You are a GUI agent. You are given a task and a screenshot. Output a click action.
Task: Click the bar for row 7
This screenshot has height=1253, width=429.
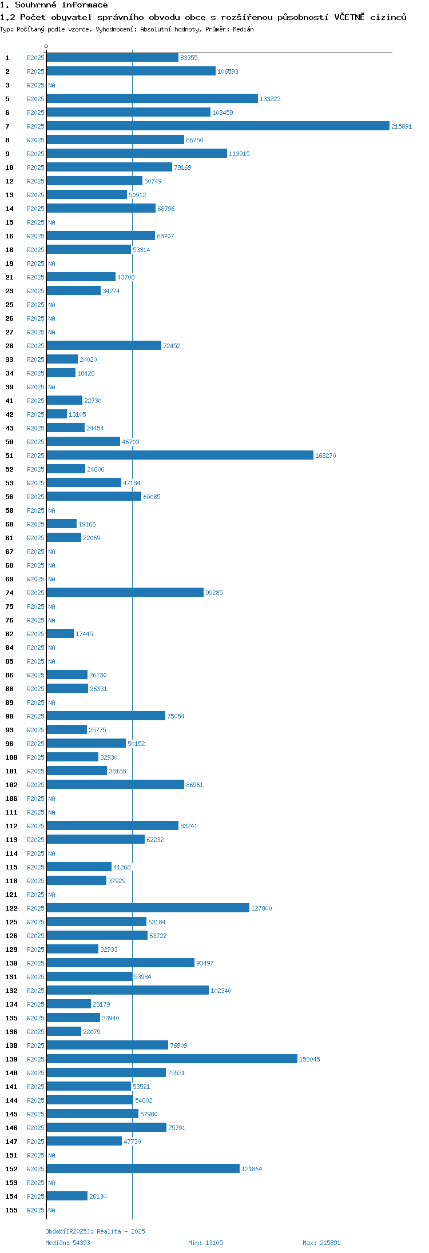217,126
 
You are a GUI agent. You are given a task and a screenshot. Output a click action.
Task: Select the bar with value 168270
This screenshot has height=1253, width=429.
180,456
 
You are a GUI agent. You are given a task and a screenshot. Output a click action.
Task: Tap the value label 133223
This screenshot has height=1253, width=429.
270,99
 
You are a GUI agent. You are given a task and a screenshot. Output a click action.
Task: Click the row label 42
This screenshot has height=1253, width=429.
9,414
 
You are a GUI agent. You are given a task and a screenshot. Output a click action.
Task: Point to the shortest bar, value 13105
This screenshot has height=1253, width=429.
57,414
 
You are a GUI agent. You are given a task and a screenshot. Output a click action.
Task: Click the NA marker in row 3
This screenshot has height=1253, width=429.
51,85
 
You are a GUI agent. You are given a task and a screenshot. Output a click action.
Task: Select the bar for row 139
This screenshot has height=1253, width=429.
172,1059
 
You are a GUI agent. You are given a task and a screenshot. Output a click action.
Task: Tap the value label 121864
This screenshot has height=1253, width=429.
252,1169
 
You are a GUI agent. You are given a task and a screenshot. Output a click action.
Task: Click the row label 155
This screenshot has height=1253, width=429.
11,1210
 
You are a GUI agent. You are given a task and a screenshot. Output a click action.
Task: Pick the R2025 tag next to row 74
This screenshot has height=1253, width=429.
35,593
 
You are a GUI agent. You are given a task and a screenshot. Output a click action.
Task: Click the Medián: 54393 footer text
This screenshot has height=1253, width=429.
67,1243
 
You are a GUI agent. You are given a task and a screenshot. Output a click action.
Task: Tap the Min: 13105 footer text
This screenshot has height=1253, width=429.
205,1243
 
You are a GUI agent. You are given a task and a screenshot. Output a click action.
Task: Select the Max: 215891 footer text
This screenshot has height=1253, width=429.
321,1243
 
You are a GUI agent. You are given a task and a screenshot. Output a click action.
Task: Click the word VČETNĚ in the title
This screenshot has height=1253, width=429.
349,17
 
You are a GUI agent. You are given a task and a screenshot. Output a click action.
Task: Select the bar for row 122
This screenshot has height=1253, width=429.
148,908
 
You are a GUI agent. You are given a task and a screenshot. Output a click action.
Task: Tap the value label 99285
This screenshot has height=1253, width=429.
214,593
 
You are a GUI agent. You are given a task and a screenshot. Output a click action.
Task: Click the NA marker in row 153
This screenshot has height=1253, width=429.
51,1183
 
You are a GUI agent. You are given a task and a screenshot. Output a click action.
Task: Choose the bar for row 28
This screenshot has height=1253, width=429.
104,346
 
